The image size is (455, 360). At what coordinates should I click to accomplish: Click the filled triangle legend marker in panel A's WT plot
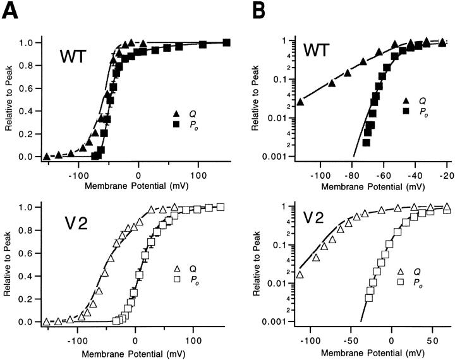coord(176,114)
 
